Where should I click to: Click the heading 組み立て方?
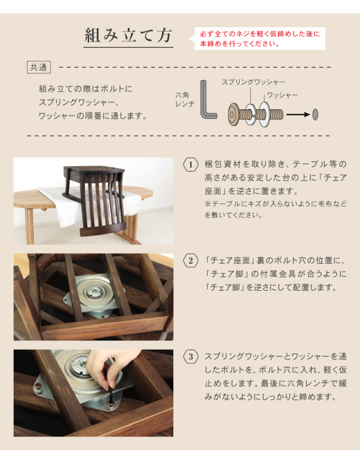click(128, 37)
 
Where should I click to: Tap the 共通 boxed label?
click(39, 67)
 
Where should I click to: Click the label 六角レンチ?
click(185, 100)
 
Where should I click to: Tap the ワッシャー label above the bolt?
click(282, 95)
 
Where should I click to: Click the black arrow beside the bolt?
click(298, 115)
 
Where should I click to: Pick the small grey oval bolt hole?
click(315, 114)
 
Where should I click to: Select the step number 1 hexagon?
click(191, 164)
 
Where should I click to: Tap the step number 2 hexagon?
click(191, 260)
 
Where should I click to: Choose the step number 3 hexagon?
click(191, 357)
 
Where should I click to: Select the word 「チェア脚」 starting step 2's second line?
click(225, 274)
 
